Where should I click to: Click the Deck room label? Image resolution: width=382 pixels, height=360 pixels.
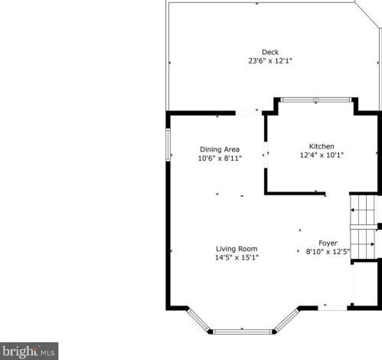(x=270, y=52)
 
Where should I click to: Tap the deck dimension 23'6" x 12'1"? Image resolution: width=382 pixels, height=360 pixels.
(x=270, y=61)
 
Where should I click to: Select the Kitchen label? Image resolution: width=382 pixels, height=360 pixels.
(x=322, y=146)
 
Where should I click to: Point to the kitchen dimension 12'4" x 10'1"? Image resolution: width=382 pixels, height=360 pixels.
(x=322, y=155)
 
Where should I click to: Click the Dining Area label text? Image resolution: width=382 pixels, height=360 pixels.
(x=220, y=149)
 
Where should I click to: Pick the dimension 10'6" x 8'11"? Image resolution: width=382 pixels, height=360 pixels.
(x=220, y=159)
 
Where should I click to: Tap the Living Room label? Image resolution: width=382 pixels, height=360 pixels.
(x=237, y=249)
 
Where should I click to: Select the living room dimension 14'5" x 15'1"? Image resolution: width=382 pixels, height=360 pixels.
(x=237, y=257)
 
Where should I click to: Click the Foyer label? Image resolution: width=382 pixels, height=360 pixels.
(x=328, y=243)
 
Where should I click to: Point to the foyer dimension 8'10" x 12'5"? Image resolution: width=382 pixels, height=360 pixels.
(x=328, y=252)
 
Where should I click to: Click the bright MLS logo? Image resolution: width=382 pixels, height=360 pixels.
(x=29, y=352)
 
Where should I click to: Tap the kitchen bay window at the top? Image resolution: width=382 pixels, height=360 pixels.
(x=316, y=100)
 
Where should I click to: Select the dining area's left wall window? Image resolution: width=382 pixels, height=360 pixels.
(x=168, y=145)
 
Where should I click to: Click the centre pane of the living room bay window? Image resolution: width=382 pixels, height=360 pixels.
(x=243, y=332)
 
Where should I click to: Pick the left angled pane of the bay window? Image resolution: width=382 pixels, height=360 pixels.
(x=198, y=319)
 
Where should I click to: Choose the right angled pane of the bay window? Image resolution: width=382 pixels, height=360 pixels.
(x=286, y=319)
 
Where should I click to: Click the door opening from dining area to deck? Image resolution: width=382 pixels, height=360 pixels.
(x=249, y=113)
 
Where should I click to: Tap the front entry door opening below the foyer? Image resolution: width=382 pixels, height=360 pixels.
(x=332, y=308)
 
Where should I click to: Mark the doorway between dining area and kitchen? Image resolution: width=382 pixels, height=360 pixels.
(x=266, y=155)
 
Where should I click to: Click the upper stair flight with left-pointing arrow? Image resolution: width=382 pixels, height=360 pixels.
(x=364, y=210)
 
